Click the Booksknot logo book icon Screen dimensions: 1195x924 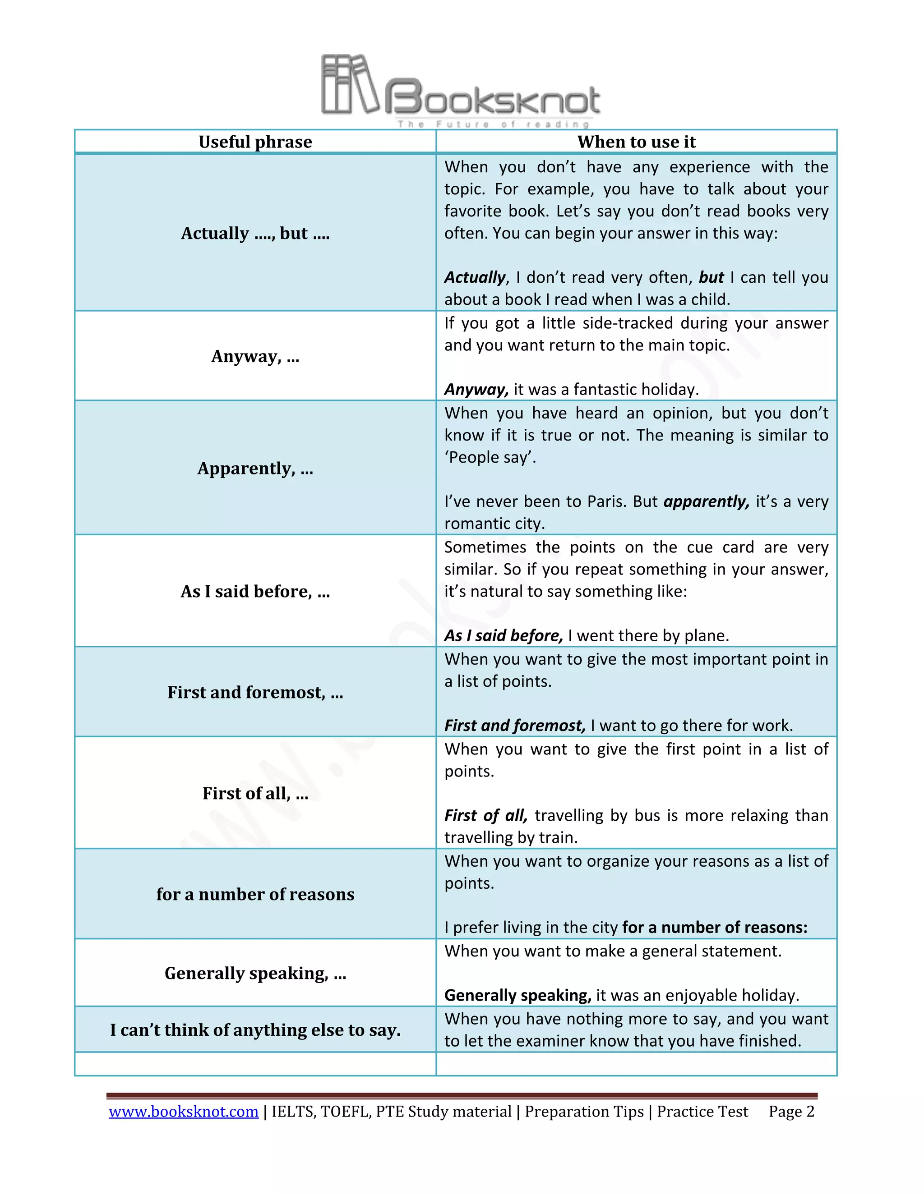point(349,85)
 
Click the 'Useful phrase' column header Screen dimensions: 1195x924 point(255,142)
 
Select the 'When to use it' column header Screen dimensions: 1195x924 point(636,142)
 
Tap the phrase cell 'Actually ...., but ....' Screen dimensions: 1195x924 point(255,233)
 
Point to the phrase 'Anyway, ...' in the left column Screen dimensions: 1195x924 point(255,356)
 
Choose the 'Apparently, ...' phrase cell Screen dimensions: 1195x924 point(255,469)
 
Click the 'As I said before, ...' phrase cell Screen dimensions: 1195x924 point(255,592)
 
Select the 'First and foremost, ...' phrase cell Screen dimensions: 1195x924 point(255,692)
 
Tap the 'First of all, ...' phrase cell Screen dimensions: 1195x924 point(255,793)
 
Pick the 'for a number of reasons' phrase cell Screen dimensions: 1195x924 point(255,894)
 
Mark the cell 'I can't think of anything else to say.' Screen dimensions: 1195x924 point(255,1030)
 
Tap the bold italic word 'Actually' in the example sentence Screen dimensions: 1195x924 point(475,277)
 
